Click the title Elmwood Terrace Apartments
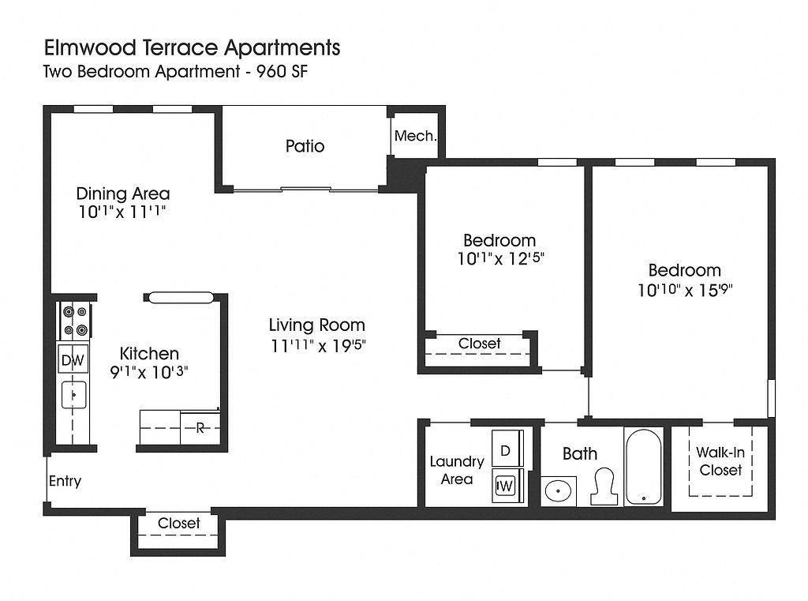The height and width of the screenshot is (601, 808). coord(193,47)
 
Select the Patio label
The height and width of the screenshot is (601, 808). coord(305,146)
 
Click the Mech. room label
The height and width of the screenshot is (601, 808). coord(415,136)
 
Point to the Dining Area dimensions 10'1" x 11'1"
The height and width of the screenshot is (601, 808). coord(122,212)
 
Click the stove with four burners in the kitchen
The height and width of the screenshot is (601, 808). coord(75,321)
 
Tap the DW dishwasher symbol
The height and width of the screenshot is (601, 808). coord(73,361)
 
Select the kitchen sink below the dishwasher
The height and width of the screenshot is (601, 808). coord(74,394)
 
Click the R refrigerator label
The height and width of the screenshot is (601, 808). coord(200,428)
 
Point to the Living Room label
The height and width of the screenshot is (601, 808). coord(316,325)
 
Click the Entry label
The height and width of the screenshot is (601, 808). coord(65,481)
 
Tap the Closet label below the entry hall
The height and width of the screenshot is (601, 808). coord(179,523)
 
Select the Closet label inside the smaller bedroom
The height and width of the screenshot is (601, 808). coord(479,344)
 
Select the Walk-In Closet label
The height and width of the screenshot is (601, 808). coord(720,461)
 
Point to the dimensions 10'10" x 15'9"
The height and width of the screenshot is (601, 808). coord(685,290)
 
